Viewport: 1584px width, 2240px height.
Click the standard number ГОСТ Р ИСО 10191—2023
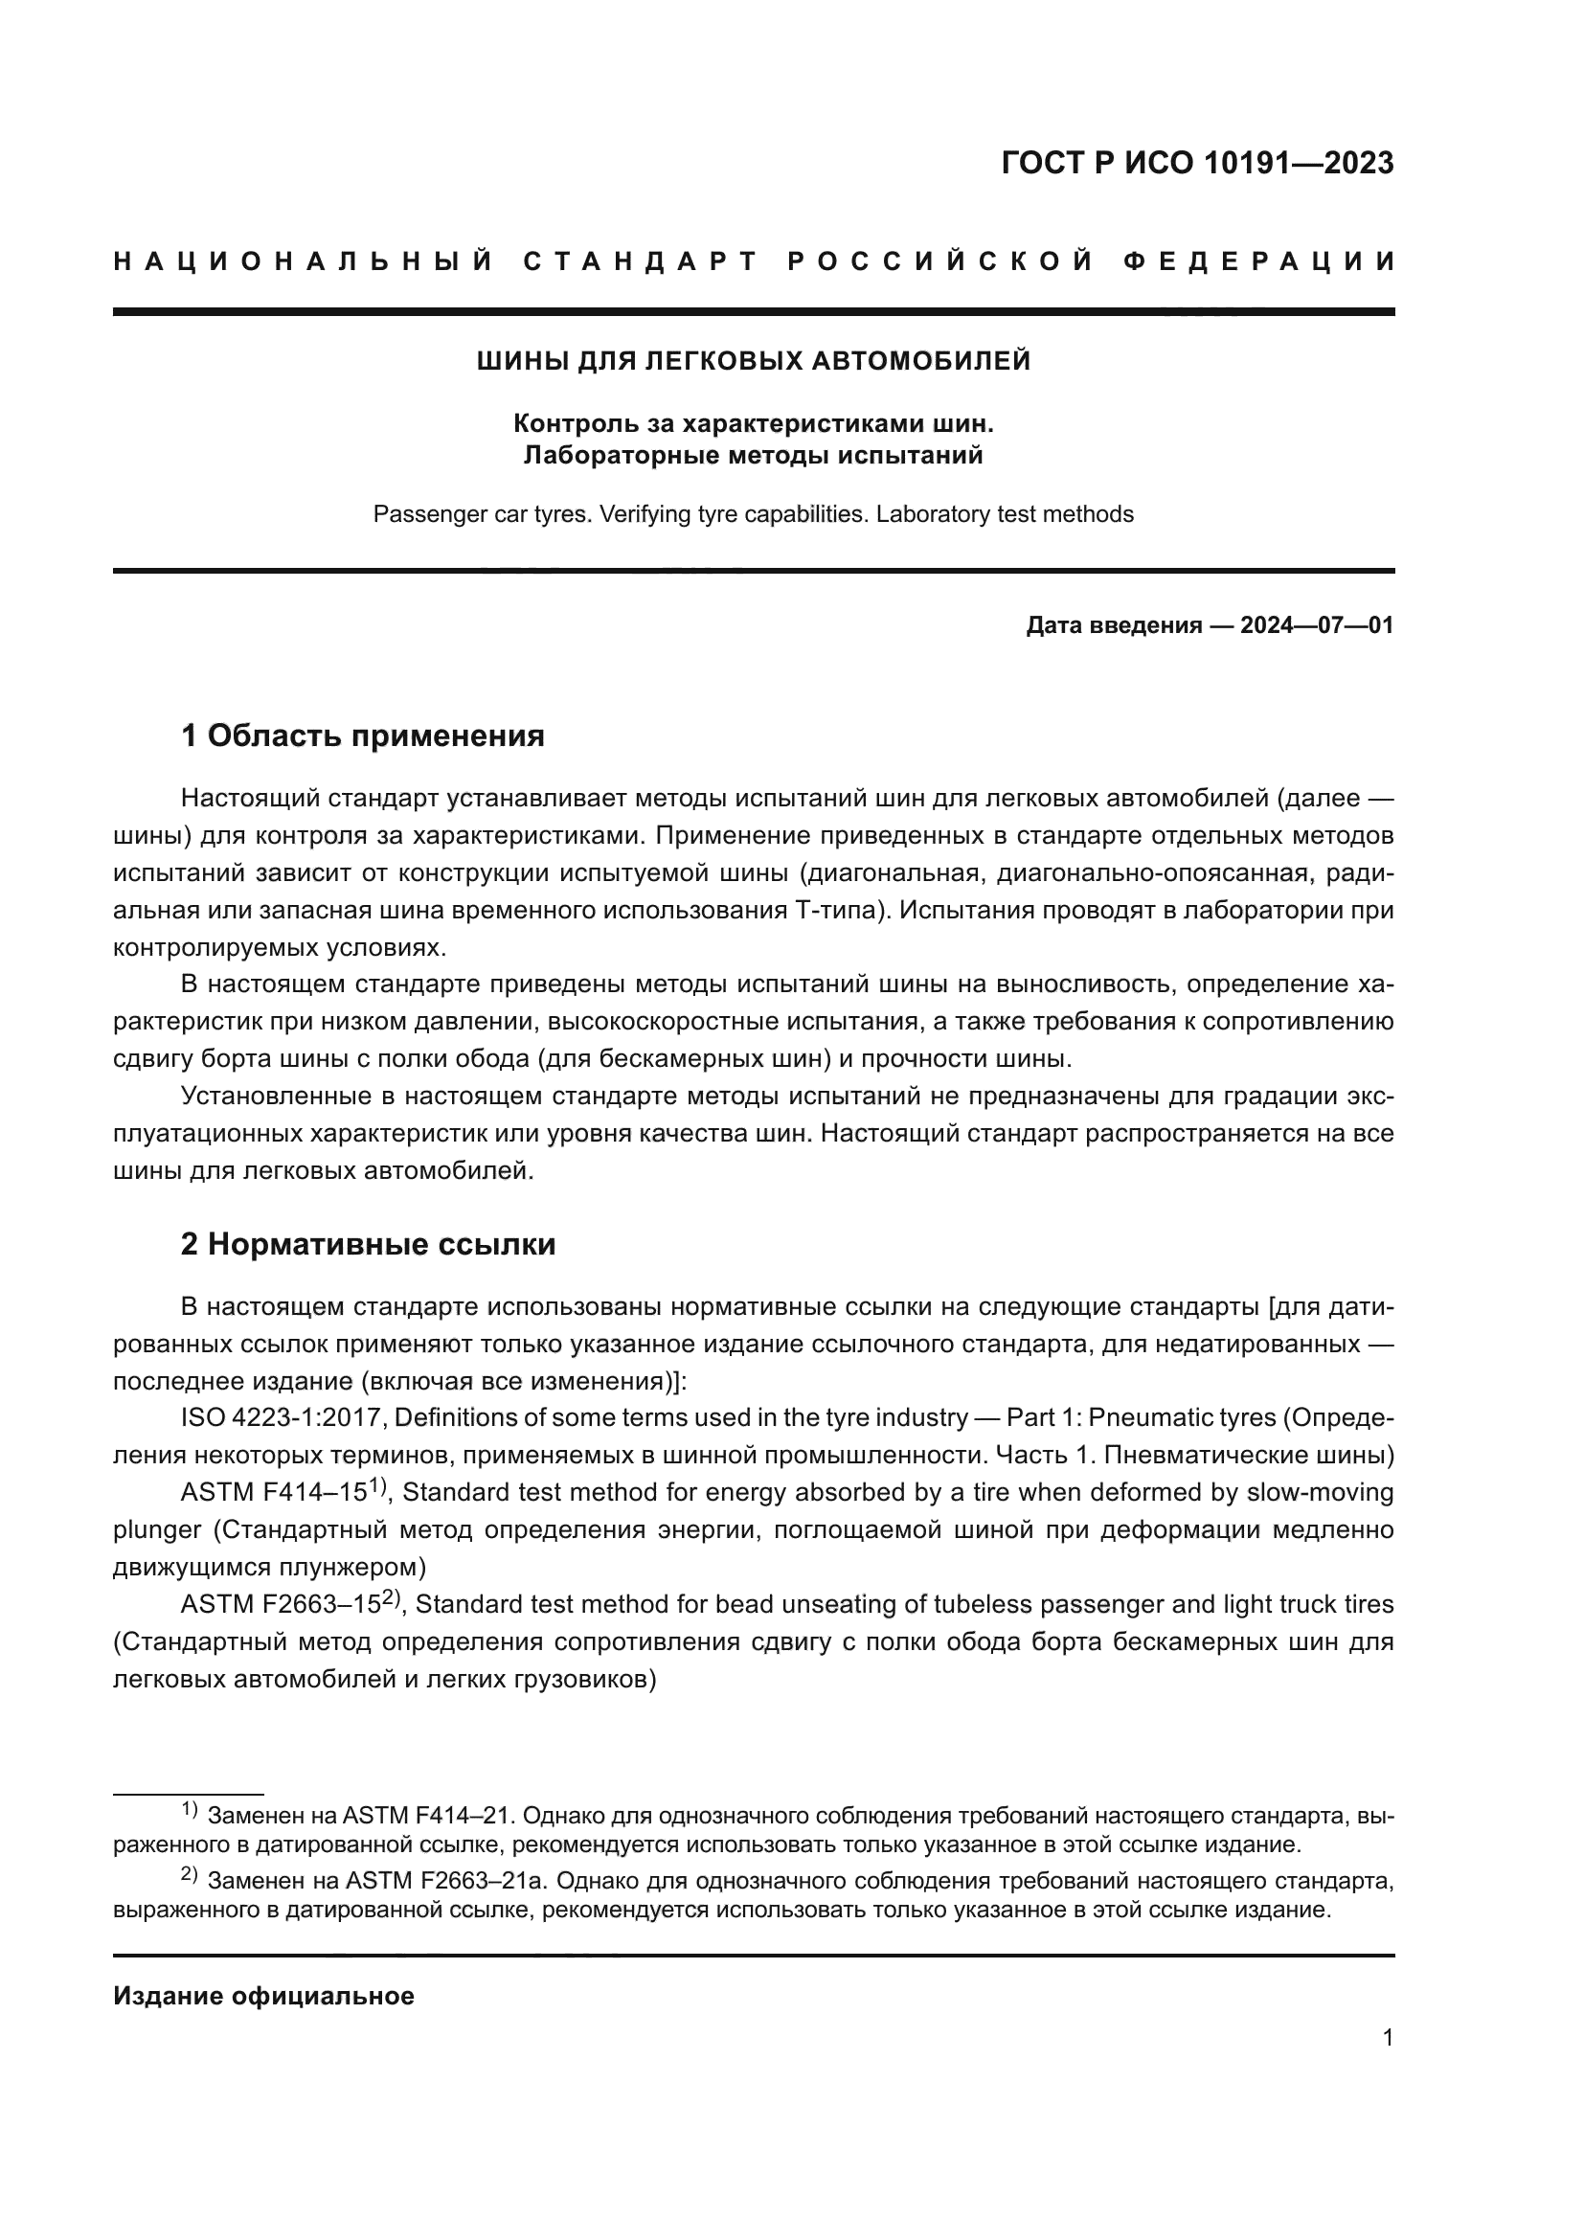click(x=1197, y=163)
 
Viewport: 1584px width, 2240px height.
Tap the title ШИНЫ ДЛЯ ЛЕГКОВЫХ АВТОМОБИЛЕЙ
click(x=753, y=362)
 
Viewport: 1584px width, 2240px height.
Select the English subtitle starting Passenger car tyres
click(x=753, y=514)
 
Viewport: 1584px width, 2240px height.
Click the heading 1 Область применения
click(x=362, y=735)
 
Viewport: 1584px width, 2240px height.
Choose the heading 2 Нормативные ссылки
click(x=368, y=1245)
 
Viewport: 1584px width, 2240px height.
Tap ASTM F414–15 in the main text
click(x=273, y=1493)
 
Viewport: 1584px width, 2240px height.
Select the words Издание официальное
click(x=263, y=1996)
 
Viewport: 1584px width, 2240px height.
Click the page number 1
click(x=1387, y=2038)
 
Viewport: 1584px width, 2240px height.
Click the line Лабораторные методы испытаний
click(x=753, y=456)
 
